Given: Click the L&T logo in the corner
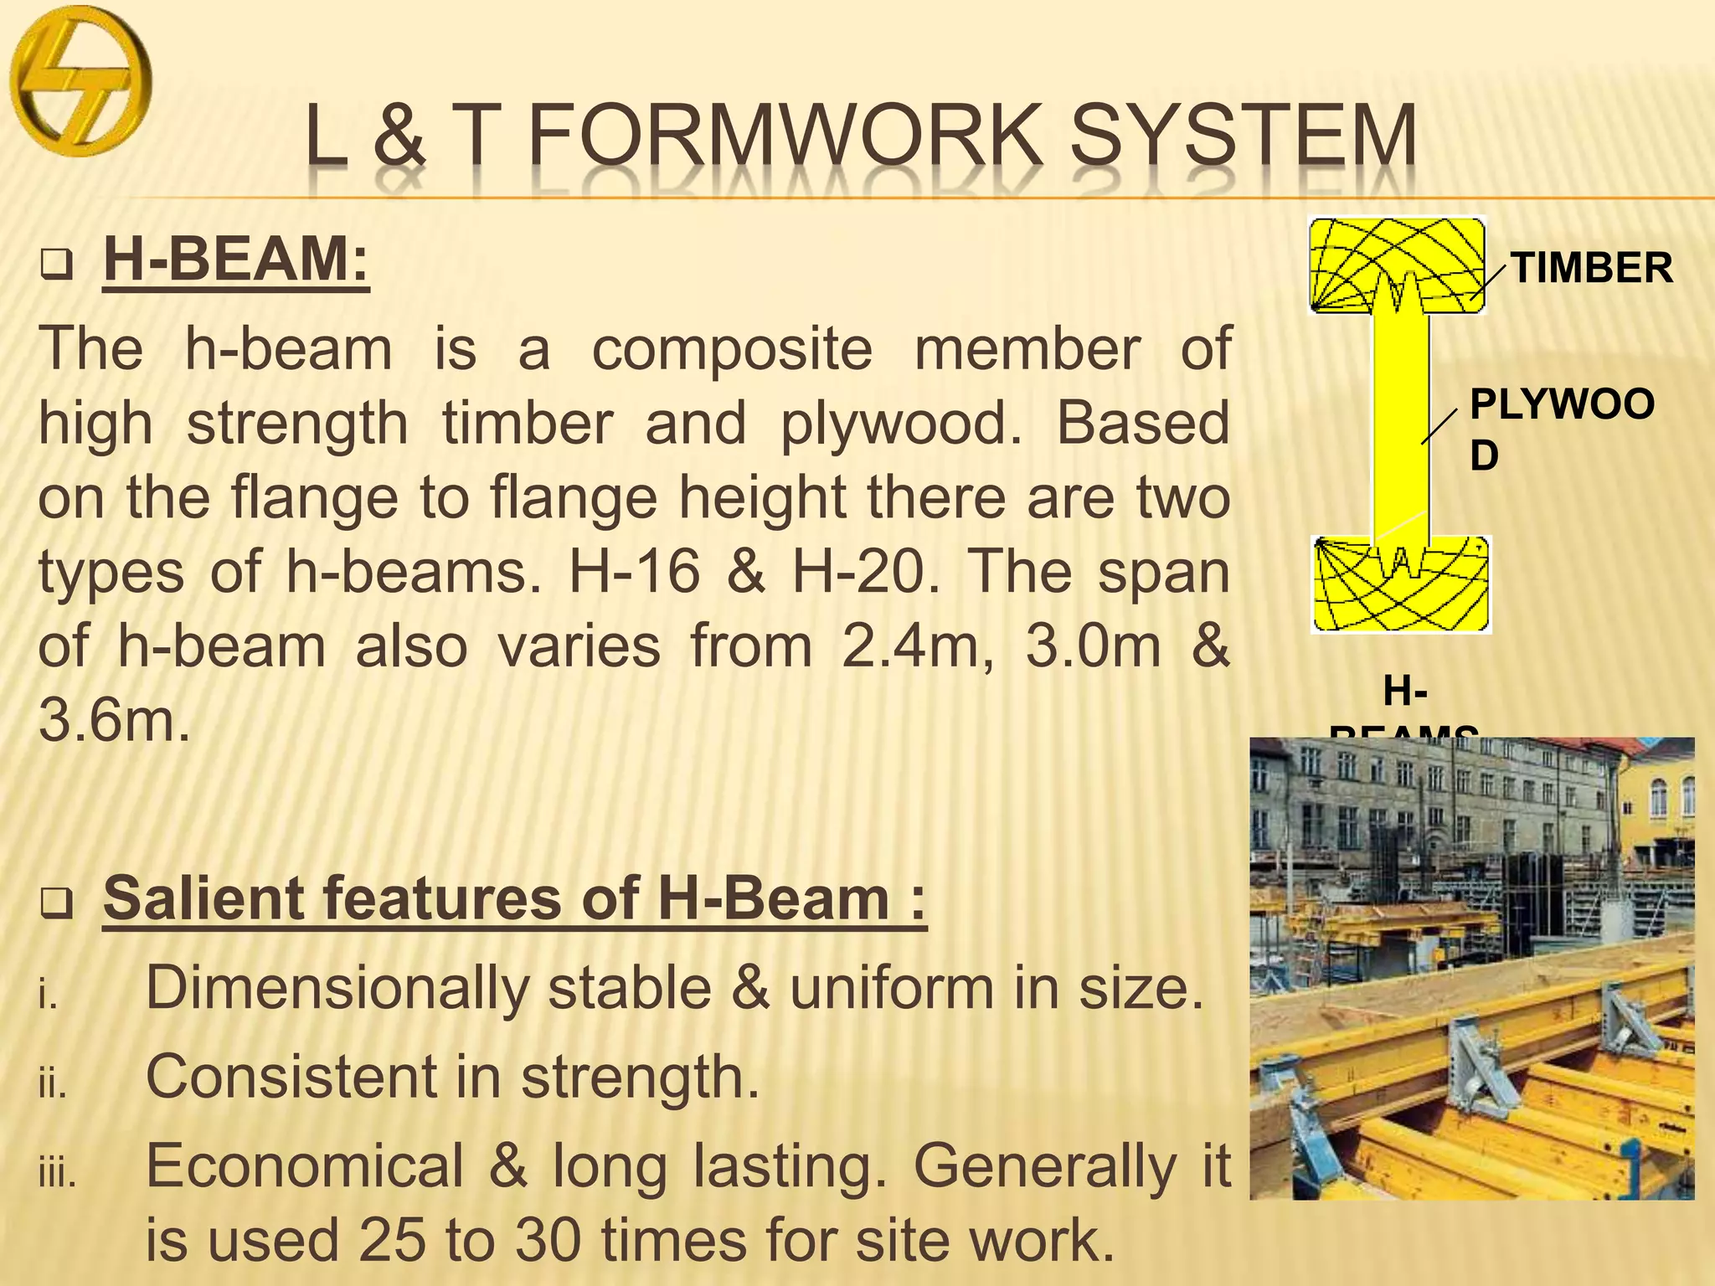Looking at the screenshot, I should point(80,82).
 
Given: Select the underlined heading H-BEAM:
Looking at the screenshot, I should point(235,260).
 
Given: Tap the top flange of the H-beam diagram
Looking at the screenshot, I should point(1398,264).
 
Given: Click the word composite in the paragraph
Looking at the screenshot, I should point(732,350).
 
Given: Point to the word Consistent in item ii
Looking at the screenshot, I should point(288,1078).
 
